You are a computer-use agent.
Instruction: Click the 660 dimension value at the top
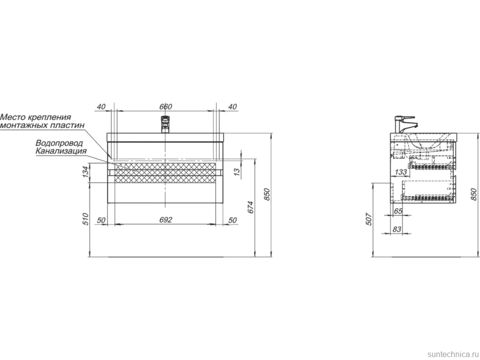(166, 106)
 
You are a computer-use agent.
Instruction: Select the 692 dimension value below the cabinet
(166, 220)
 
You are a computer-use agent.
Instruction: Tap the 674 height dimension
(251, 207)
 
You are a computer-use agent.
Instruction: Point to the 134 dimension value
(86, 172)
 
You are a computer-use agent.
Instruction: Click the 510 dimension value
(86, 219)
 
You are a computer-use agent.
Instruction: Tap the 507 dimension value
(369, 219)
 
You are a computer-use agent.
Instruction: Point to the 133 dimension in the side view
(401, 172)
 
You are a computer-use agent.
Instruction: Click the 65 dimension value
(398, 211)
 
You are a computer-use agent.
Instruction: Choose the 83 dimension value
(397, 229)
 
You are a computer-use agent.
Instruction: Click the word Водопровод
(59, 143)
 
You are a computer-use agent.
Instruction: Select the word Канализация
(61, 151)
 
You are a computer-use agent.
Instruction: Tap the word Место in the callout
(13, 117)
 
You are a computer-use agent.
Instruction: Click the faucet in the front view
(165, 124)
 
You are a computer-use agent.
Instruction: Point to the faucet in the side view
(404, 125)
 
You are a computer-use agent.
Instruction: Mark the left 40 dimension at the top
(101, 107)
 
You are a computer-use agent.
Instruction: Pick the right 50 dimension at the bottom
(233, 220)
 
